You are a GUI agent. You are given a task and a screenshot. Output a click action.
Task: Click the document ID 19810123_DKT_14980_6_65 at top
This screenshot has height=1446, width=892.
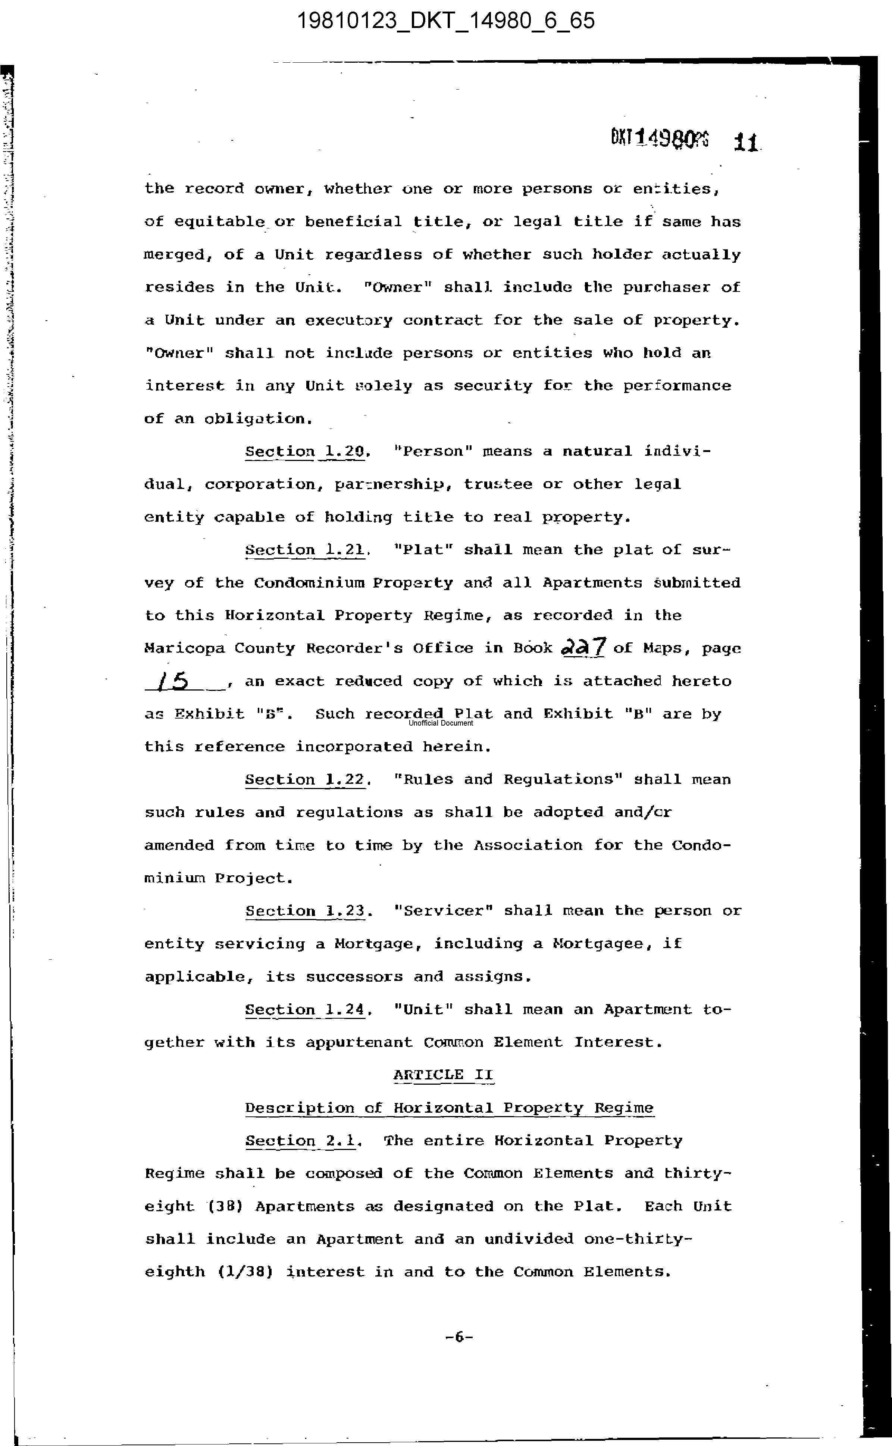point(445,21)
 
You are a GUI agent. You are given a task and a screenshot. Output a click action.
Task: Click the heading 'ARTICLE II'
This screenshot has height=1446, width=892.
point(443,1075)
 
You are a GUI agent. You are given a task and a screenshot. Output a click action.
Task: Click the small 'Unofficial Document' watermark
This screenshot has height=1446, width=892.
point(441,723)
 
